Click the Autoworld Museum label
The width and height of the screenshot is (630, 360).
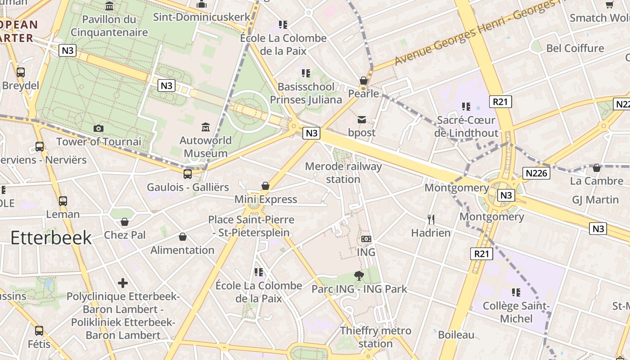[x=206, y=147]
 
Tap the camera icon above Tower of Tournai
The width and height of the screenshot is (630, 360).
[x=99, y=128]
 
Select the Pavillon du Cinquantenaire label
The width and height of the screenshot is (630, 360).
[x=109, y=26]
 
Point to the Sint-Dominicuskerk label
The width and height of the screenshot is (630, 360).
[x=202, y=17]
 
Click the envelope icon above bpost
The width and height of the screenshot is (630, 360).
[x=362, y=120]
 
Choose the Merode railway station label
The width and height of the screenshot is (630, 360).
[x=343, y=173]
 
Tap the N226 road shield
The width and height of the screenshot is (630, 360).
[x=536, y=173]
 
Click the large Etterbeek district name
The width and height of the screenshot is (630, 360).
[x=51, y=238]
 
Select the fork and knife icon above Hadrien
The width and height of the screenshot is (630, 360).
[x=431, y=220]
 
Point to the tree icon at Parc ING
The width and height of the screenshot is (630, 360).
[x=359, y=275]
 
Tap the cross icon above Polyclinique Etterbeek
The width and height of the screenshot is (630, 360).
[x=122, y=283]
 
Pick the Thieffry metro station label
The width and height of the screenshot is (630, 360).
[x=375, y=337]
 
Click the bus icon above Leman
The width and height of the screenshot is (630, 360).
[x=63, y=201]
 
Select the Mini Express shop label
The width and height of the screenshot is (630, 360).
[x=265, y=199]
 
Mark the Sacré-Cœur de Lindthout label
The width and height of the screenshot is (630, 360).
[x=466, y=126]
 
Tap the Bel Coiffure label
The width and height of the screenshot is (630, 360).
[x=575, y=48]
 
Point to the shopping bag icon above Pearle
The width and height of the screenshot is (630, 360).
[x=364, y=81]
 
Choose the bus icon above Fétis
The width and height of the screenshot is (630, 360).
[x=39, y=331]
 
